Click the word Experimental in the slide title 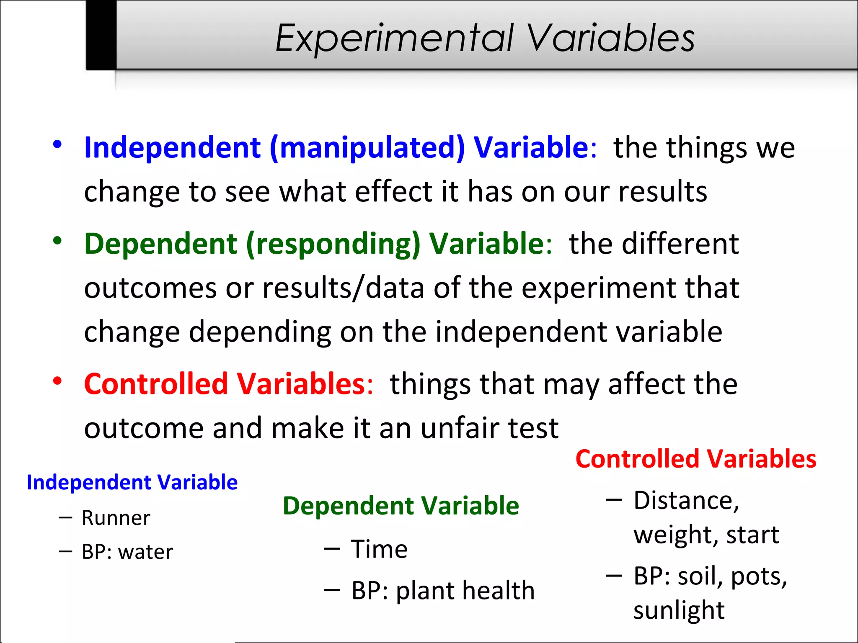coord(394,39)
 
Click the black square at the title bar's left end coord(101,35)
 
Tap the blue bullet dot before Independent coord(57,144)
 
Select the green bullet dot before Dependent coord(57,241)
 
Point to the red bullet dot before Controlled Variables coord(57,381)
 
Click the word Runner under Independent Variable coord(116,518)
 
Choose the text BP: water coord(127,552)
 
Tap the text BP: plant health coord(443,590)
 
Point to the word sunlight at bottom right coord(679,610)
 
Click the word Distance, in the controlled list coord(686,500)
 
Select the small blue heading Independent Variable coord(132,482)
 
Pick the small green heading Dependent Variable coord(401,506)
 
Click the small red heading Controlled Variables coord(695,459)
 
